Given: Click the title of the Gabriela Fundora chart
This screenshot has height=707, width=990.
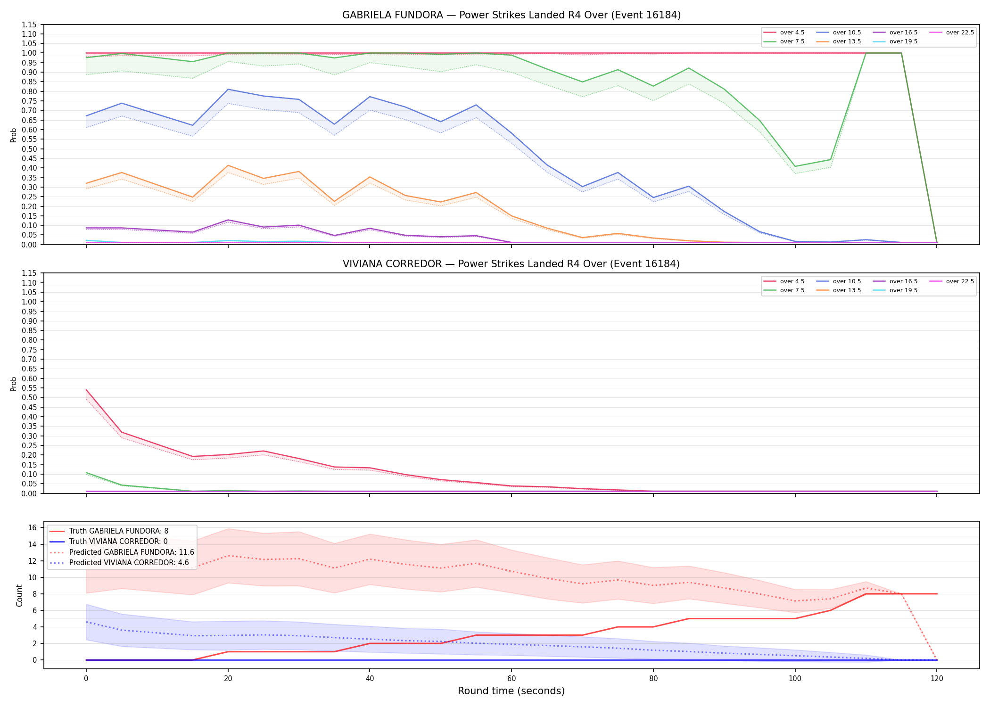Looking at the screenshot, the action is coord(511,15).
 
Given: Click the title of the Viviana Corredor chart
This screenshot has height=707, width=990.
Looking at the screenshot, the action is coord(511,264).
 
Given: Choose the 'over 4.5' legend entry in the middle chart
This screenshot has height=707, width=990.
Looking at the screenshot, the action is coord(784,281).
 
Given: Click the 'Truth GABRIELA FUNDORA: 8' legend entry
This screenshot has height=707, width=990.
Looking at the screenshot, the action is coord(109,531).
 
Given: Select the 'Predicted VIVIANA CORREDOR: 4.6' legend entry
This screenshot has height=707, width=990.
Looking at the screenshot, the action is coord(119,563).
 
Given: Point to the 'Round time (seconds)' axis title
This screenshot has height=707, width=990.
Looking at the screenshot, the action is coord(511,691).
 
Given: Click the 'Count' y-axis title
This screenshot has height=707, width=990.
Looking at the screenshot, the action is coord(19,595).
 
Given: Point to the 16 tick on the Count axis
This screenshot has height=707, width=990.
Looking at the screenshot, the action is coord(33,528).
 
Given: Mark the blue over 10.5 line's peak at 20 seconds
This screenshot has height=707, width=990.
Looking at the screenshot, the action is coord(228,89).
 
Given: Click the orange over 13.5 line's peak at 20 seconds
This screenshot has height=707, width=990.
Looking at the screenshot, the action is coord(228,165).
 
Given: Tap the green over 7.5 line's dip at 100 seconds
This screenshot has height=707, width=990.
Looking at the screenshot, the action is coord(795,166).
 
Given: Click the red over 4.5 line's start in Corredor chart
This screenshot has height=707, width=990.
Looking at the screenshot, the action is coord(86,390).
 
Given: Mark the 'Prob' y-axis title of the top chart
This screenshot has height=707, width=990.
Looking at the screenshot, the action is coord(14,135).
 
